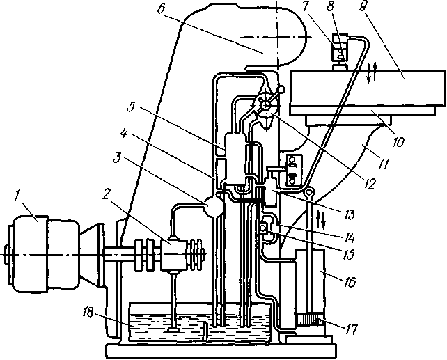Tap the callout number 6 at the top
pos(162,10)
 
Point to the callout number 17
pos(352,329)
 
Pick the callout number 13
pos(350,214)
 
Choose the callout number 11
pos(384,164)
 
